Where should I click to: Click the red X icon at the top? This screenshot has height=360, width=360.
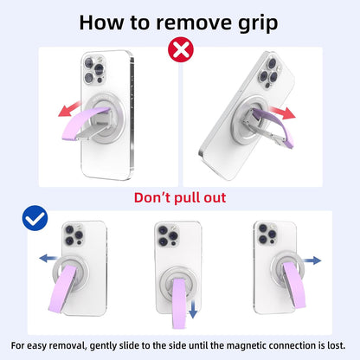180,49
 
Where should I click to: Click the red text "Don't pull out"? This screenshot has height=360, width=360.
179,198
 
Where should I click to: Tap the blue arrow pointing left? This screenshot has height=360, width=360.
43,257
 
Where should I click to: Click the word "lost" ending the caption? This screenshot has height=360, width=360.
333,345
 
